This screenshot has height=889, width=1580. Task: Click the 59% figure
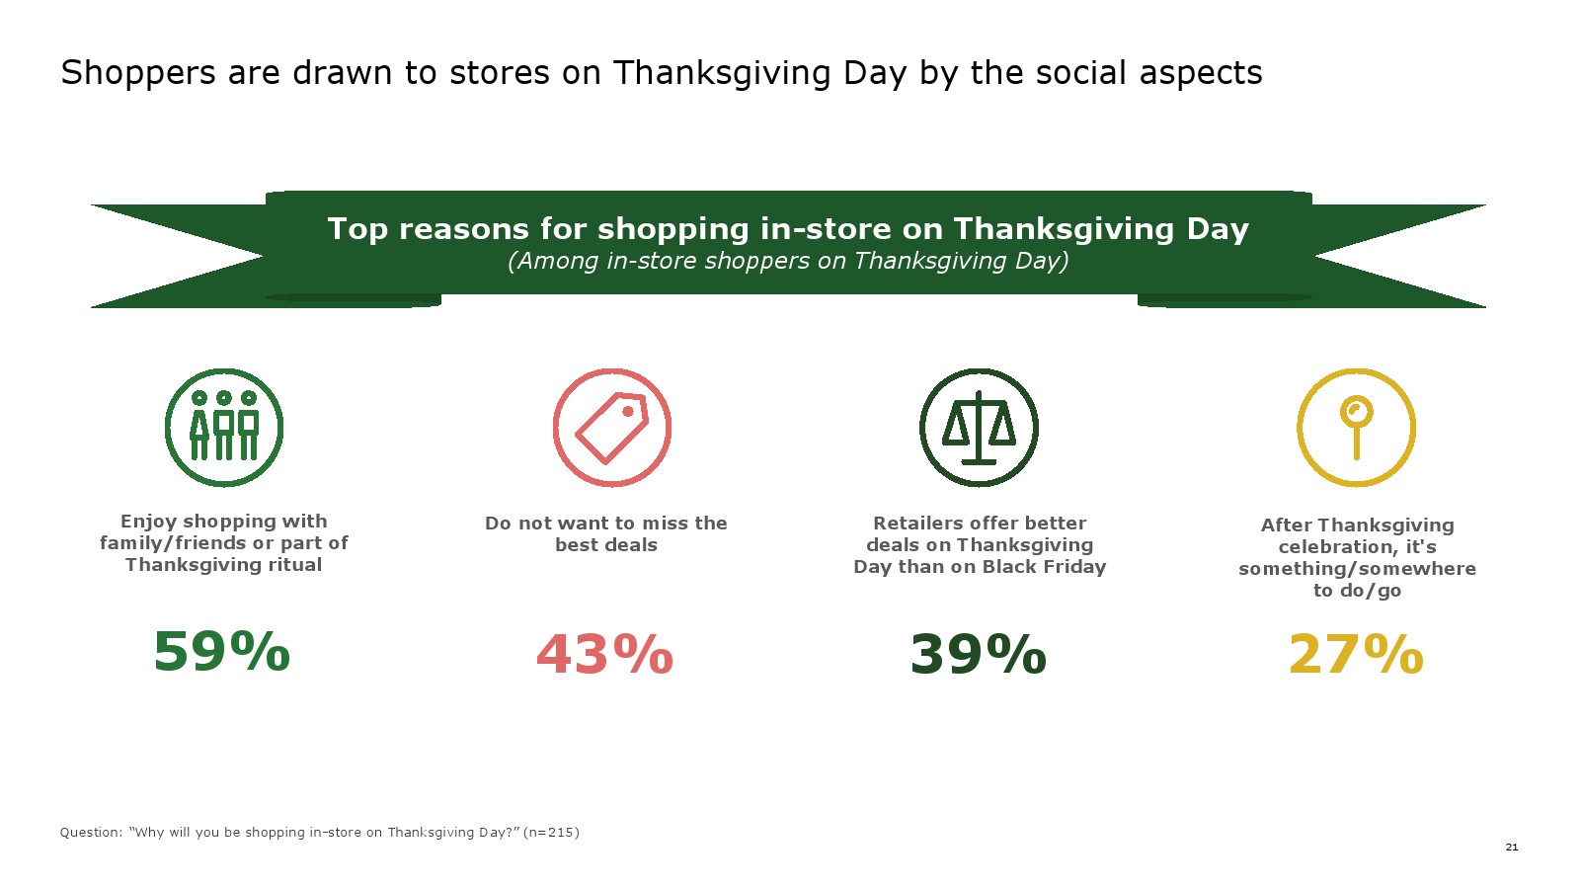coord(221,651)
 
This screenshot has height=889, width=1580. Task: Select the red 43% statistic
coord(604,654)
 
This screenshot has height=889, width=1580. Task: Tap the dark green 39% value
coord(979,654)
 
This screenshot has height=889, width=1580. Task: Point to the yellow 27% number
coord(1356,654)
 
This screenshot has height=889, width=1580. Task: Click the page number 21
coord(1512,847)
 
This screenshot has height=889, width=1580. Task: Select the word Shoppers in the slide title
coord(138,73)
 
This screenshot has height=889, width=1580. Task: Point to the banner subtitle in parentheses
coord(788,261)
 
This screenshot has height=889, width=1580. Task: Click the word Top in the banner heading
coord(357,229)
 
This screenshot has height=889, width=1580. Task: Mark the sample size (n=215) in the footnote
coord(551,833)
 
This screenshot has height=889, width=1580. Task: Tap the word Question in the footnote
coord(91,833)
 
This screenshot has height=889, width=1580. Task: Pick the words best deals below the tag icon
coord(606,544)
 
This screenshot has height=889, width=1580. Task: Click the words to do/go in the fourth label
coord(1357,591)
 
